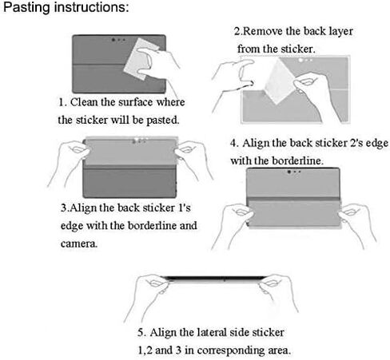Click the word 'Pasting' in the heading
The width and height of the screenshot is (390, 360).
(x=26, y=7)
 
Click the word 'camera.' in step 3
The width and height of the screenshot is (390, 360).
(x=79, y=243)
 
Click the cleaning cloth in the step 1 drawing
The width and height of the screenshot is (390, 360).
(x=141, y=58)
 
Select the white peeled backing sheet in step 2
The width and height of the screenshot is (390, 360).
(x=280, y=81)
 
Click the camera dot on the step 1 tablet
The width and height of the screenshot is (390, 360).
(x=113, y=40)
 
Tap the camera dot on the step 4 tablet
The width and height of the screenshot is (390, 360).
(x=289, y=172)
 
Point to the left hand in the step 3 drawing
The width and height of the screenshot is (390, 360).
(x=68, y=162)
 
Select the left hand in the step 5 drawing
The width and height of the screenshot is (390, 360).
(x=149, y=294)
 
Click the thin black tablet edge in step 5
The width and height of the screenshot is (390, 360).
(x=215, y=279)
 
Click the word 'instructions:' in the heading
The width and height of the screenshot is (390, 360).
(x=91, y=7)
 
